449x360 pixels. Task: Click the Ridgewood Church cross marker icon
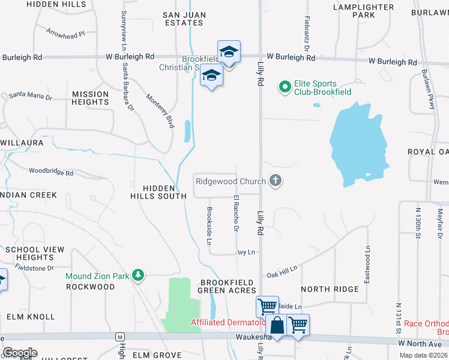[276, 181]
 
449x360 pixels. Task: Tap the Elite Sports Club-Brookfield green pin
[285, 88]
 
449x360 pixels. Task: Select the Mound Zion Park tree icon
[139, 275]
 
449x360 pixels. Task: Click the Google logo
[20, 352]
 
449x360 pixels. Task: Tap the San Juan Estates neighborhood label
[184, 18]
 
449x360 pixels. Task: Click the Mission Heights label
[91, 98]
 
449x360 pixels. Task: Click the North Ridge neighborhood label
[330, 289]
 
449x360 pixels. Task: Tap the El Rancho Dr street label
[236, 214]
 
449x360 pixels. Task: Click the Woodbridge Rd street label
[51, 173]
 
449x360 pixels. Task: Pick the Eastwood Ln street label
[367, 256]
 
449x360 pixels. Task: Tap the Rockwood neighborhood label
[90, 287]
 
